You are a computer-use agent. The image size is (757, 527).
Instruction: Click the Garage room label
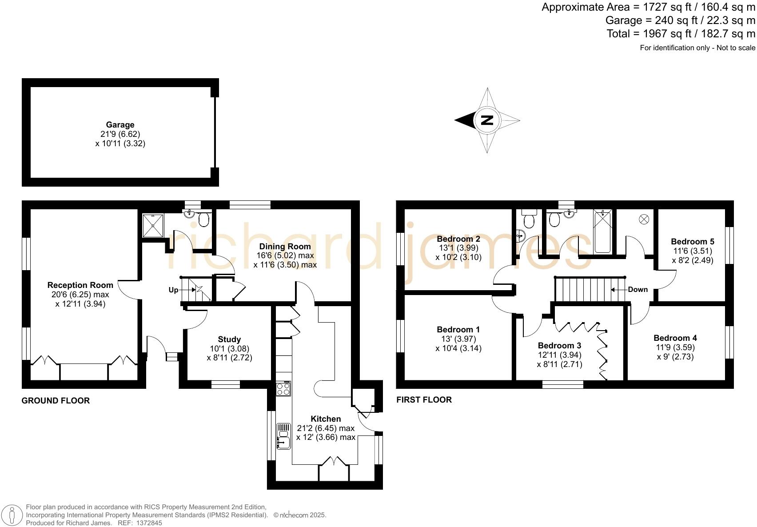click(120, 125)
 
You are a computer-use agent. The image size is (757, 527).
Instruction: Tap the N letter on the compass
click(487, 120)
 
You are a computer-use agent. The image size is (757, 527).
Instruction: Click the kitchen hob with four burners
click(283, 389)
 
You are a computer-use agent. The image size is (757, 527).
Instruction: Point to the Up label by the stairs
click(173, 290)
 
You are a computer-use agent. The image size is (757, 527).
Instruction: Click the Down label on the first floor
click(637, 289)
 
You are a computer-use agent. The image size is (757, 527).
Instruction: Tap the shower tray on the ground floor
click(153, 225)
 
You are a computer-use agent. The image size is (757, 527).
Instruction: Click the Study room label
click(229, 339)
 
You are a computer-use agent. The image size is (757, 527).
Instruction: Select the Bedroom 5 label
click(692, 242)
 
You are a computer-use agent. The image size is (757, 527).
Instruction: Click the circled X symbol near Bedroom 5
click(644, 219)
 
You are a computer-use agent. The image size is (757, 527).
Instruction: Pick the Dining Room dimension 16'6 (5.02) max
click(285, 256)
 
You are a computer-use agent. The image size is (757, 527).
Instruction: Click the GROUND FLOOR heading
click(56, 400)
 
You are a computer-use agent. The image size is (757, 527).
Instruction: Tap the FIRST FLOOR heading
click(424, 399)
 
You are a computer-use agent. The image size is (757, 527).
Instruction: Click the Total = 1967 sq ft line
click(681, 34)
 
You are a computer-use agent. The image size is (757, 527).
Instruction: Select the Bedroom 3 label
click(559, 345)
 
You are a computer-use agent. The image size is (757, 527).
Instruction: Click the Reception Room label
click(80, 285)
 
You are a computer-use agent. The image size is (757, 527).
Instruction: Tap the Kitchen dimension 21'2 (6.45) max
click(326, 428)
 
